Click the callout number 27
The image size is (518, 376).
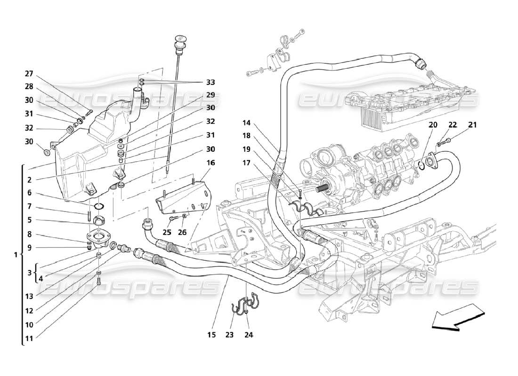pos(29,73)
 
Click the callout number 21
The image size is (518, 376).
pos(472,125)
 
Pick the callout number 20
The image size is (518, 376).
pos(433,125)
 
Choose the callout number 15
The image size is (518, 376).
pos(211,335)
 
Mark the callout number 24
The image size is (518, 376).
pos(248,335)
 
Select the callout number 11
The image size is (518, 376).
pos(29,337)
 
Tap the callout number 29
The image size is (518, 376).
pos(210,94)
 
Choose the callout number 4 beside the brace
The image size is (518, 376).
pos(40,278)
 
